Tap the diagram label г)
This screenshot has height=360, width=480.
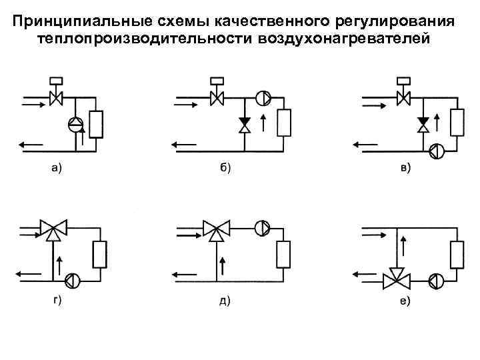[x=57, y=301]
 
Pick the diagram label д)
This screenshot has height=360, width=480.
[x=225, y=301]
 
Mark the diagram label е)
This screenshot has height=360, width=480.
[x=405, y=301]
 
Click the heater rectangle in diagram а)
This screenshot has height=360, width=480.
[x=96, y=123]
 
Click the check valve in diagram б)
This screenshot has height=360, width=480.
[x=245, y=125]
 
